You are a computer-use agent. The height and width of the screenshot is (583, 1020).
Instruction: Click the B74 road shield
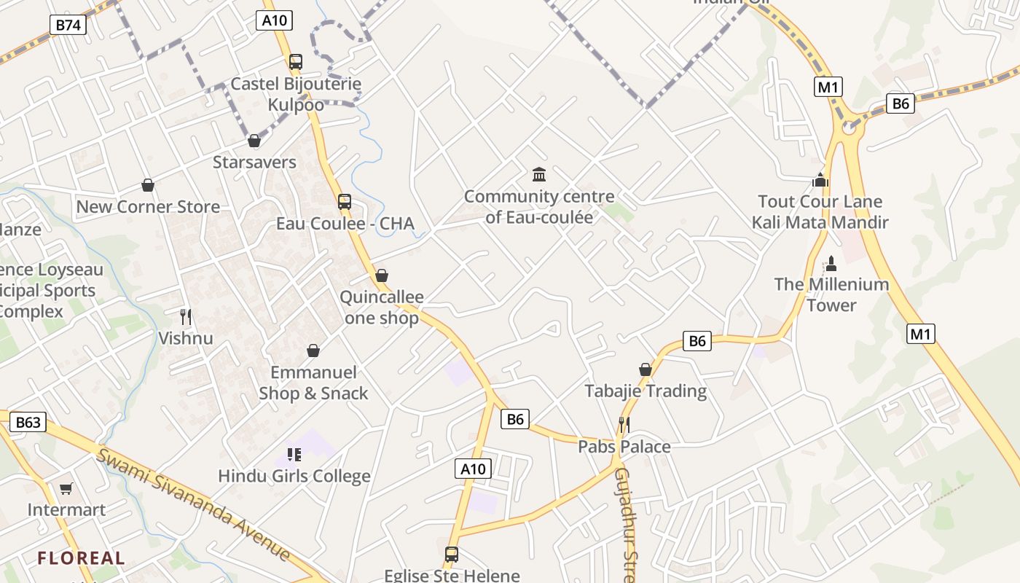pos(68,25)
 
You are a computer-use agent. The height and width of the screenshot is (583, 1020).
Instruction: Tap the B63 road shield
pos(28,422)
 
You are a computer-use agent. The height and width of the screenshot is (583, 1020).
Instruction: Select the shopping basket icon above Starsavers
pos(254,141)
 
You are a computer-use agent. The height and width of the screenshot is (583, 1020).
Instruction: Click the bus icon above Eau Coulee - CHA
pos(345,202)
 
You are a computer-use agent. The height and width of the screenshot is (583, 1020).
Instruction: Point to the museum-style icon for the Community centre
pos(539,175)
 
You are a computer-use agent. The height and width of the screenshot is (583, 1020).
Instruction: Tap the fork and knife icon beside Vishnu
pos(186,317)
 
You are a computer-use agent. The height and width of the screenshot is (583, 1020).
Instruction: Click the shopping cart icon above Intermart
pos(66,488)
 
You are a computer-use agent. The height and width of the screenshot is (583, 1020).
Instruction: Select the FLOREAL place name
pos(82,559)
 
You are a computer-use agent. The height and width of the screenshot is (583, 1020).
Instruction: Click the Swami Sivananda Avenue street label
pos(194,504)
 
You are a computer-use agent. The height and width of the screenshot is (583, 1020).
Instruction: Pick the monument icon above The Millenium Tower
pos(831,263)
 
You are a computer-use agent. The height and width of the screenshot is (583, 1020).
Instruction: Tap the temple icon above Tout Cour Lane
pos(820,180)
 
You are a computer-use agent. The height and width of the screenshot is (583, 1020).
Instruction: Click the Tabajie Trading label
pos(646,391)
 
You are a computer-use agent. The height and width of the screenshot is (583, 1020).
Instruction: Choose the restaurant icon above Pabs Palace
pos(624,424)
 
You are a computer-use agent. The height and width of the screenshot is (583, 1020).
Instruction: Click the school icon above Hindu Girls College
pos(294,455)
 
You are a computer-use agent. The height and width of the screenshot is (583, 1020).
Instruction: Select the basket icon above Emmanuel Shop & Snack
pos(313,351)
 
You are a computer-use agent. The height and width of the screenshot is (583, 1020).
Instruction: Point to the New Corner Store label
pos(148,207)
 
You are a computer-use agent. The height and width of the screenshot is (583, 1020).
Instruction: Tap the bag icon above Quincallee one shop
pos(381,276)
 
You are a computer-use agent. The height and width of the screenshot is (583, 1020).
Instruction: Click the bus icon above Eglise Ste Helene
pos(452,555)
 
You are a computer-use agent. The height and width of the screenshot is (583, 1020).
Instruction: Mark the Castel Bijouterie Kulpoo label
pos(296,94)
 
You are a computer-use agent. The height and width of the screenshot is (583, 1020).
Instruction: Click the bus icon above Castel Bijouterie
pos(295,62)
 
